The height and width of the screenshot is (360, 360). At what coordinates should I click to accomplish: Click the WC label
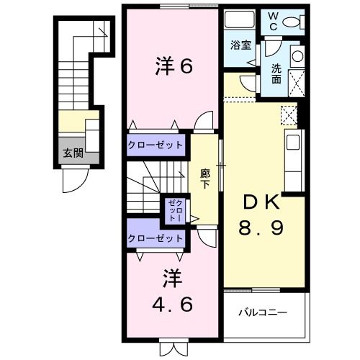pos(275,21)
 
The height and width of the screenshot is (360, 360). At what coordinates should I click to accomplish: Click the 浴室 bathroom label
pos(240,45)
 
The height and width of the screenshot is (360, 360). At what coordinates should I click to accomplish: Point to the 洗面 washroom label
pos(277,74)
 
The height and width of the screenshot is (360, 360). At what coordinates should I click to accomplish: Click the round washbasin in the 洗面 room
pos(296,56)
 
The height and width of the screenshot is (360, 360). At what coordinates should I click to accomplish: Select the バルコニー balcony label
pos(263,313)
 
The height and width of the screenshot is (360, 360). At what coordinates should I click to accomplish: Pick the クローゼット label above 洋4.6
pos(155,238)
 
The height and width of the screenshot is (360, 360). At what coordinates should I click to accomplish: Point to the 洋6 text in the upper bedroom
pos(173,66)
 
